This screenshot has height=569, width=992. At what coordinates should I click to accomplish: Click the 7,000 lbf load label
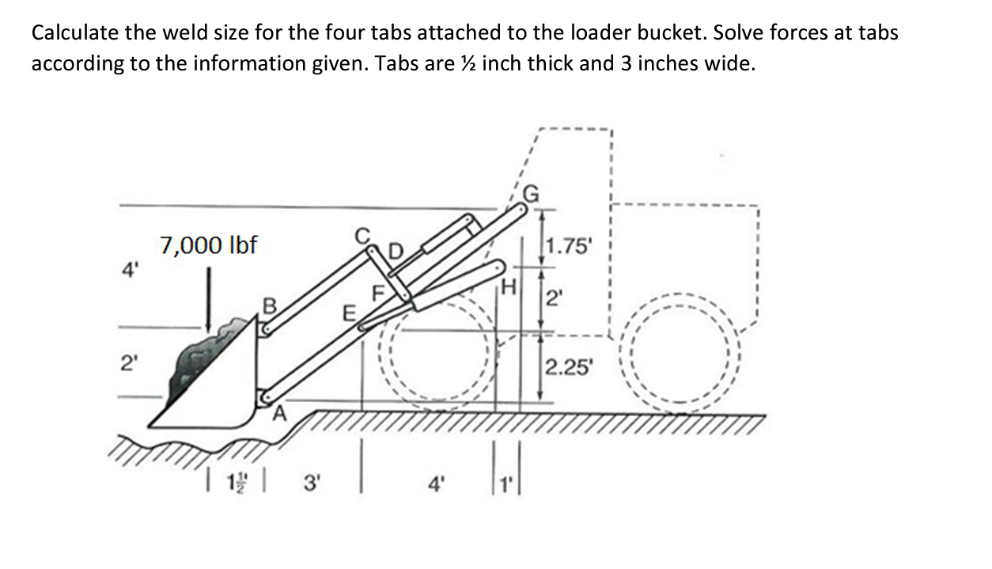click(x=209, y=245)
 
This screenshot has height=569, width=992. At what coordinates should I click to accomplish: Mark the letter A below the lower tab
click(x=280, y=412)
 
